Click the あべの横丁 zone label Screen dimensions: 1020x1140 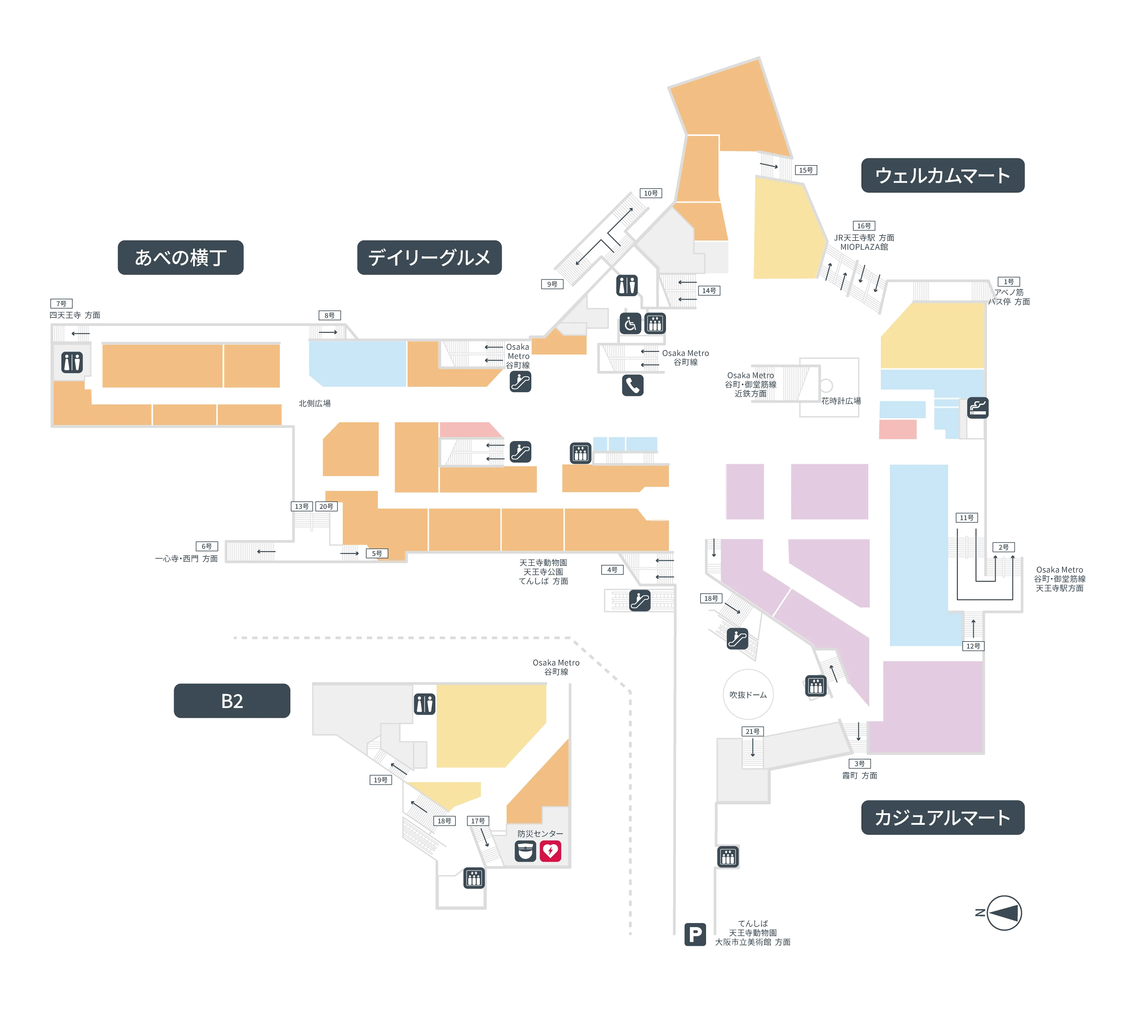pos(181,258)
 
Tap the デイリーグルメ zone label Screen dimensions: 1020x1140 pos(429,258)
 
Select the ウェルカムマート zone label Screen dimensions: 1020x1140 pos(943,175)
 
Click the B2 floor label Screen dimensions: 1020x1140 pos(232,701)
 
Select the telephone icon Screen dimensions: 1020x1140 pos(633,386)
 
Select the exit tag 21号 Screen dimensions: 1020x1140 pos(752,731)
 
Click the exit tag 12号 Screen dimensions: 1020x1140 pos(973,646)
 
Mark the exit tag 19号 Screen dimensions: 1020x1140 pos(380,779)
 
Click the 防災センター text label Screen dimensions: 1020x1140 pos(540,833)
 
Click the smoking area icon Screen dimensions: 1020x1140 pos(977,408)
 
